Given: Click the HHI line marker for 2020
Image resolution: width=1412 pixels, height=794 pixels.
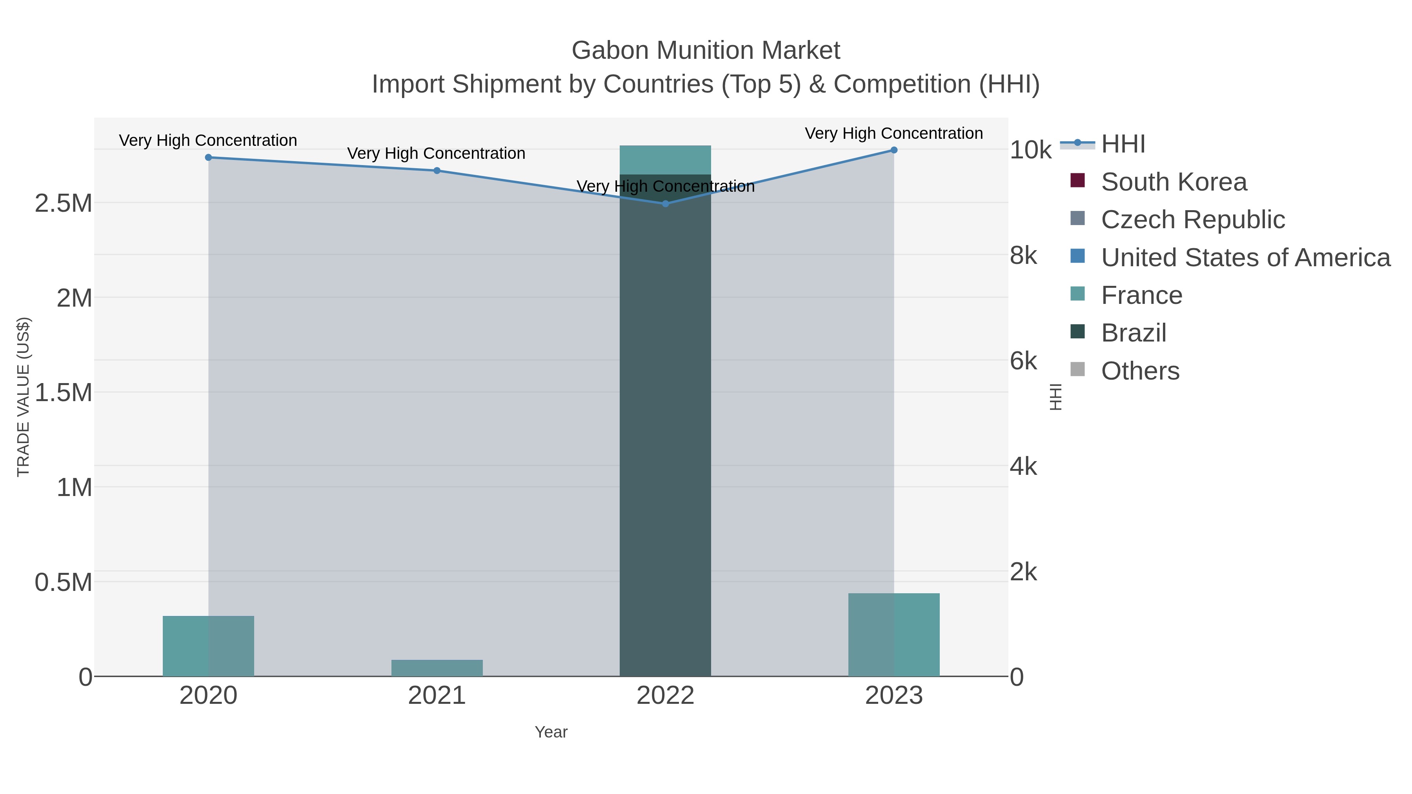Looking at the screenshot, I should [x=208, y=157].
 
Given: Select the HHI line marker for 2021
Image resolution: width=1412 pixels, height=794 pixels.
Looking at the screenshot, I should [x=437, y=171].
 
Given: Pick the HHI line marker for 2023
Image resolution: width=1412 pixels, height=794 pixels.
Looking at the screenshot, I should [x=894, y=150].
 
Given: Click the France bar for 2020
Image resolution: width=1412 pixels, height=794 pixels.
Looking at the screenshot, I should [x=208, y=646].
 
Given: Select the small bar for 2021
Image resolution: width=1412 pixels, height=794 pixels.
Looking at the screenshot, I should [x=437, y=668].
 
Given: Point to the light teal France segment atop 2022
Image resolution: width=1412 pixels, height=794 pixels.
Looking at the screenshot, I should [x=666, y=160].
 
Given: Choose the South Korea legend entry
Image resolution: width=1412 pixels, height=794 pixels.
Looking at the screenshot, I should [x=1174, y=182].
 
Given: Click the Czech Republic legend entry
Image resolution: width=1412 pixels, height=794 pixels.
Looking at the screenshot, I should [x=1193, y=220].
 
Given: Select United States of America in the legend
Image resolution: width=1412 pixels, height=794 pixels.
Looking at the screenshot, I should [x=1245, y=258].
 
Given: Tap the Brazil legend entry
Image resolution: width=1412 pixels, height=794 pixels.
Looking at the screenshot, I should [x=1134, y=333].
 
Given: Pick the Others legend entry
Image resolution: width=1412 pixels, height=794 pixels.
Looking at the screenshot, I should [x=1140, y=371].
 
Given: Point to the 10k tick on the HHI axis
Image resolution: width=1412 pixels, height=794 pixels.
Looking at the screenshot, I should [x=1030, y=150].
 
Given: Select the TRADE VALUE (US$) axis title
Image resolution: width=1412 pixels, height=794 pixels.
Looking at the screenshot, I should [x=23, y=397].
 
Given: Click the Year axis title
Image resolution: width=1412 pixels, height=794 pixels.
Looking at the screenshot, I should [x=551, y=732].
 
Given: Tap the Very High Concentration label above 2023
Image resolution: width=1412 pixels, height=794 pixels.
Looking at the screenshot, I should [x=893, y=133].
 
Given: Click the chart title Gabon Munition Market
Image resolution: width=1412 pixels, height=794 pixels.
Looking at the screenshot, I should [x=706, y=51].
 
